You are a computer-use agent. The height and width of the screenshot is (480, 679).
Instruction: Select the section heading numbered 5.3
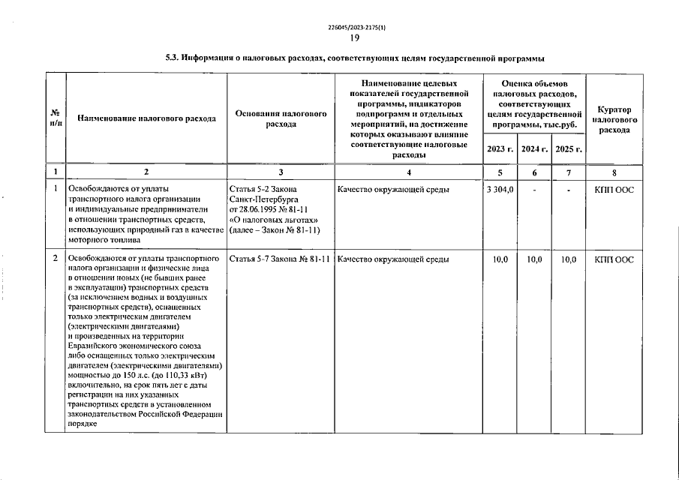click(354, 58)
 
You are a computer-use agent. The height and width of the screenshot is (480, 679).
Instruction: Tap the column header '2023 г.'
click(500, 149)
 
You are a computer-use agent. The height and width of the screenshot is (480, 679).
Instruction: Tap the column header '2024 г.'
click(534, 149)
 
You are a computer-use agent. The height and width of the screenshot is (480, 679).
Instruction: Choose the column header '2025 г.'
click(569, 149)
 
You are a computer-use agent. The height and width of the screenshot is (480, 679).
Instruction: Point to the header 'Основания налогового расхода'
click(281, 118)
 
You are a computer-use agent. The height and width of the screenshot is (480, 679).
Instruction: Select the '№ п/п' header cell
click(55, 118)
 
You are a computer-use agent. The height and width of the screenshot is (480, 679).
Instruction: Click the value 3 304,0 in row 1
click(500, 190)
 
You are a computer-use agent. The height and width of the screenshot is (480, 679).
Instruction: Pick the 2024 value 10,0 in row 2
click(534, 259)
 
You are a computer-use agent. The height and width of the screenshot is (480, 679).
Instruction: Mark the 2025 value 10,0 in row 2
click(569, 259)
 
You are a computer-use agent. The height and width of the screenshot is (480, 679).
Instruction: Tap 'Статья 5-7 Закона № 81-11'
click(281, 259)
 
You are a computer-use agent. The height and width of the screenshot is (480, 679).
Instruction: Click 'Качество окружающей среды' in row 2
click(394, 259)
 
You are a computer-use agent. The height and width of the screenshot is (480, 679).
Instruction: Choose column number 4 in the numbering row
click(408, 172)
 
